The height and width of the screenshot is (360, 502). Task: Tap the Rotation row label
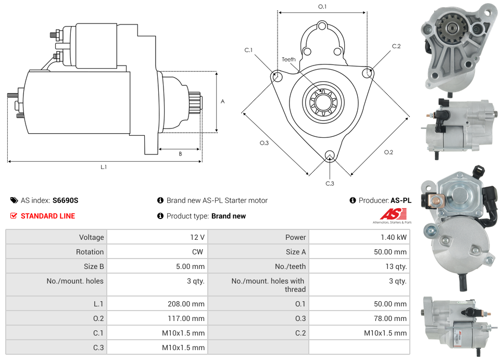(90, 252)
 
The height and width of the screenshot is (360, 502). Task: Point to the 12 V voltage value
(197, 237)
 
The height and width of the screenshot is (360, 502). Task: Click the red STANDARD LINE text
(47, 216)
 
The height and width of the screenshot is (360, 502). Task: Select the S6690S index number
(65, 200)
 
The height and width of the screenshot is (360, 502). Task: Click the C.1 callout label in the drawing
(248, 50)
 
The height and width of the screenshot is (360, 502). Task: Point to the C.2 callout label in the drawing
(396, 46)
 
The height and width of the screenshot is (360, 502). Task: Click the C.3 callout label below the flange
(330, 183)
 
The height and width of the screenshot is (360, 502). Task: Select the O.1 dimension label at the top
(322, 7)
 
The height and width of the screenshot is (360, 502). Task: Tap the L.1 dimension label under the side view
(104, 167)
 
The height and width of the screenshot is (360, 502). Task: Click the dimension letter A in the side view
(222, 101)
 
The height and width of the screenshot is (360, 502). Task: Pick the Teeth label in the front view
(288, 59)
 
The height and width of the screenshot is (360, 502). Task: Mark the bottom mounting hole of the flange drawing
(329, 155)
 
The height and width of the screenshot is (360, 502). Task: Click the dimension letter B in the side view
(180, 154)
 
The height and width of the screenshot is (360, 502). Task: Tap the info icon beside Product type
(160, 216)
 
